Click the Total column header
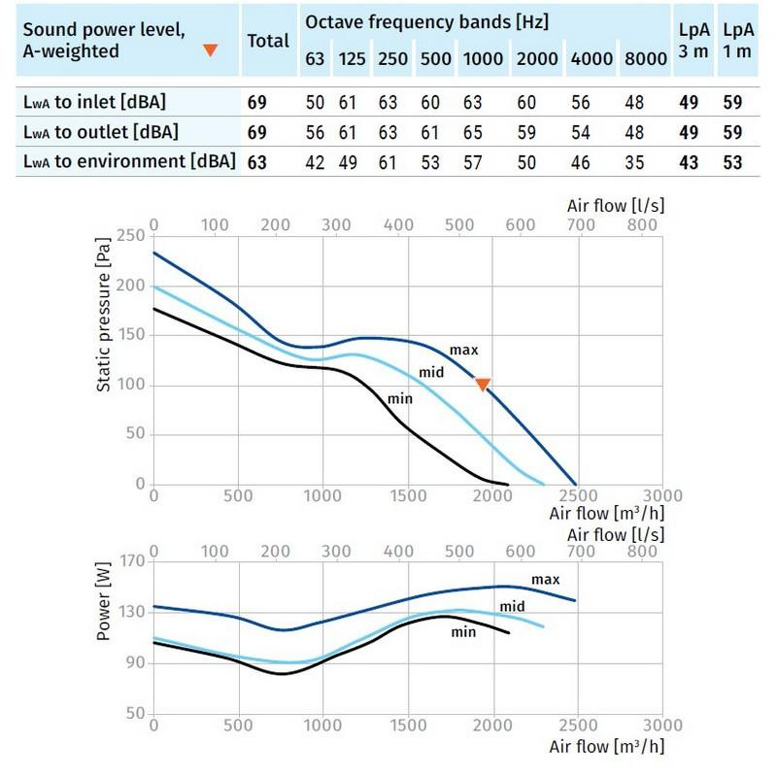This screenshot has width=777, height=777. click(x=268, y=41)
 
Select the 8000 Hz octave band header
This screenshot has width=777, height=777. click(x=646, y=59)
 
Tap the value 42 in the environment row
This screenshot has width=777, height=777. click(x=316, y=162)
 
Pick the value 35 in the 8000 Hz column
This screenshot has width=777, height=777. click(x=646, y=162)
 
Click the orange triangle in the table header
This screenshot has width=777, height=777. click(x=209, y=50)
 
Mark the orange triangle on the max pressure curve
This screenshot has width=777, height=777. click(x=483, y=385)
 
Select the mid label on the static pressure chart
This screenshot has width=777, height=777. click(x=431, y=372)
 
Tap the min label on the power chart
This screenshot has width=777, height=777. click(x=463, y=631)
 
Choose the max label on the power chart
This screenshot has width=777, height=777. click(x=546, y=580)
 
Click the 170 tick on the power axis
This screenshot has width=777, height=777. click(x=128, y=561)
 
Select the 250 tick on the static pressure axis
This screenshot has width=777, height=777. click(x=128, y=236)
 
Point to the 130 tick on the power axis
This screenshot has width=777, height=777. click(x=128, y=612)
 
